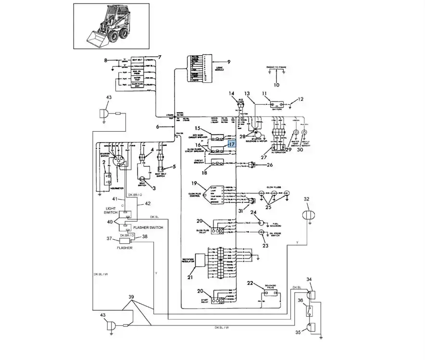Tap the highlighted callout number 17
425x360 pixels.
tap(232, 144)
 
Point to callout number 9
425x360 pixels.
tap(229, 62)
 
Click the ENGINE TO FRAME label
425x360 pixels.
tap(276, 67)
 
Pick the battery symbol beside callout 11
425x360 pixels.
tap(277, 104)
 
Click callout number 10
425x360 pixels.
tap(276, 85)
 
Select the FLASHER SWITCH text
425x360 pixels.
tap(148, 227)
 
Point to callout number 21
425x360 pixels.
tap(189, 277)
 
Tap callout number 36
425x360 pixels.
tap(300, 300)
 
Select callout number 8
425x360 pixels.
tap(106, 61)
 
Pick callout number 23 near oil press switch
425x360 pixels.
tap(265, 245)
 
